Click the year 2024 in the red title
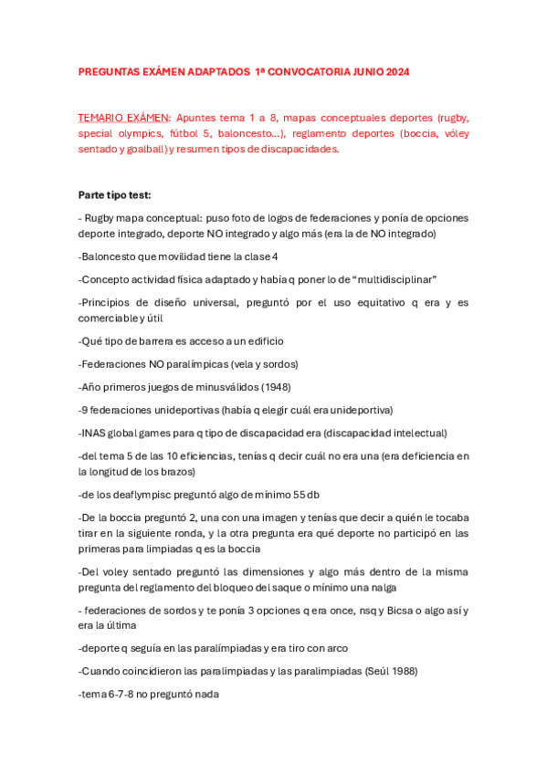(x=395, y=71)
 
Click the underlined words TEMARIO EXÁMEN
(x=123, y=118)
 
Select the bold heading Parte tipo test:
(x=114, y=194)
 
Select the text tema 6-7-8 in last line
(x=107, y=694)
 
